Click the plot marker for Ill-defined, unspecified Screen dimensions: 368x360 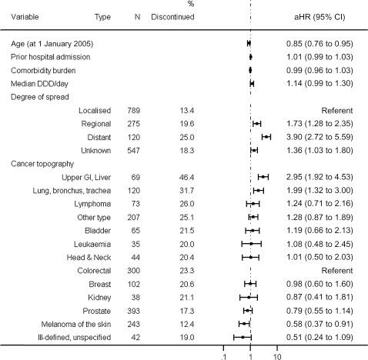(243, 337)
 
